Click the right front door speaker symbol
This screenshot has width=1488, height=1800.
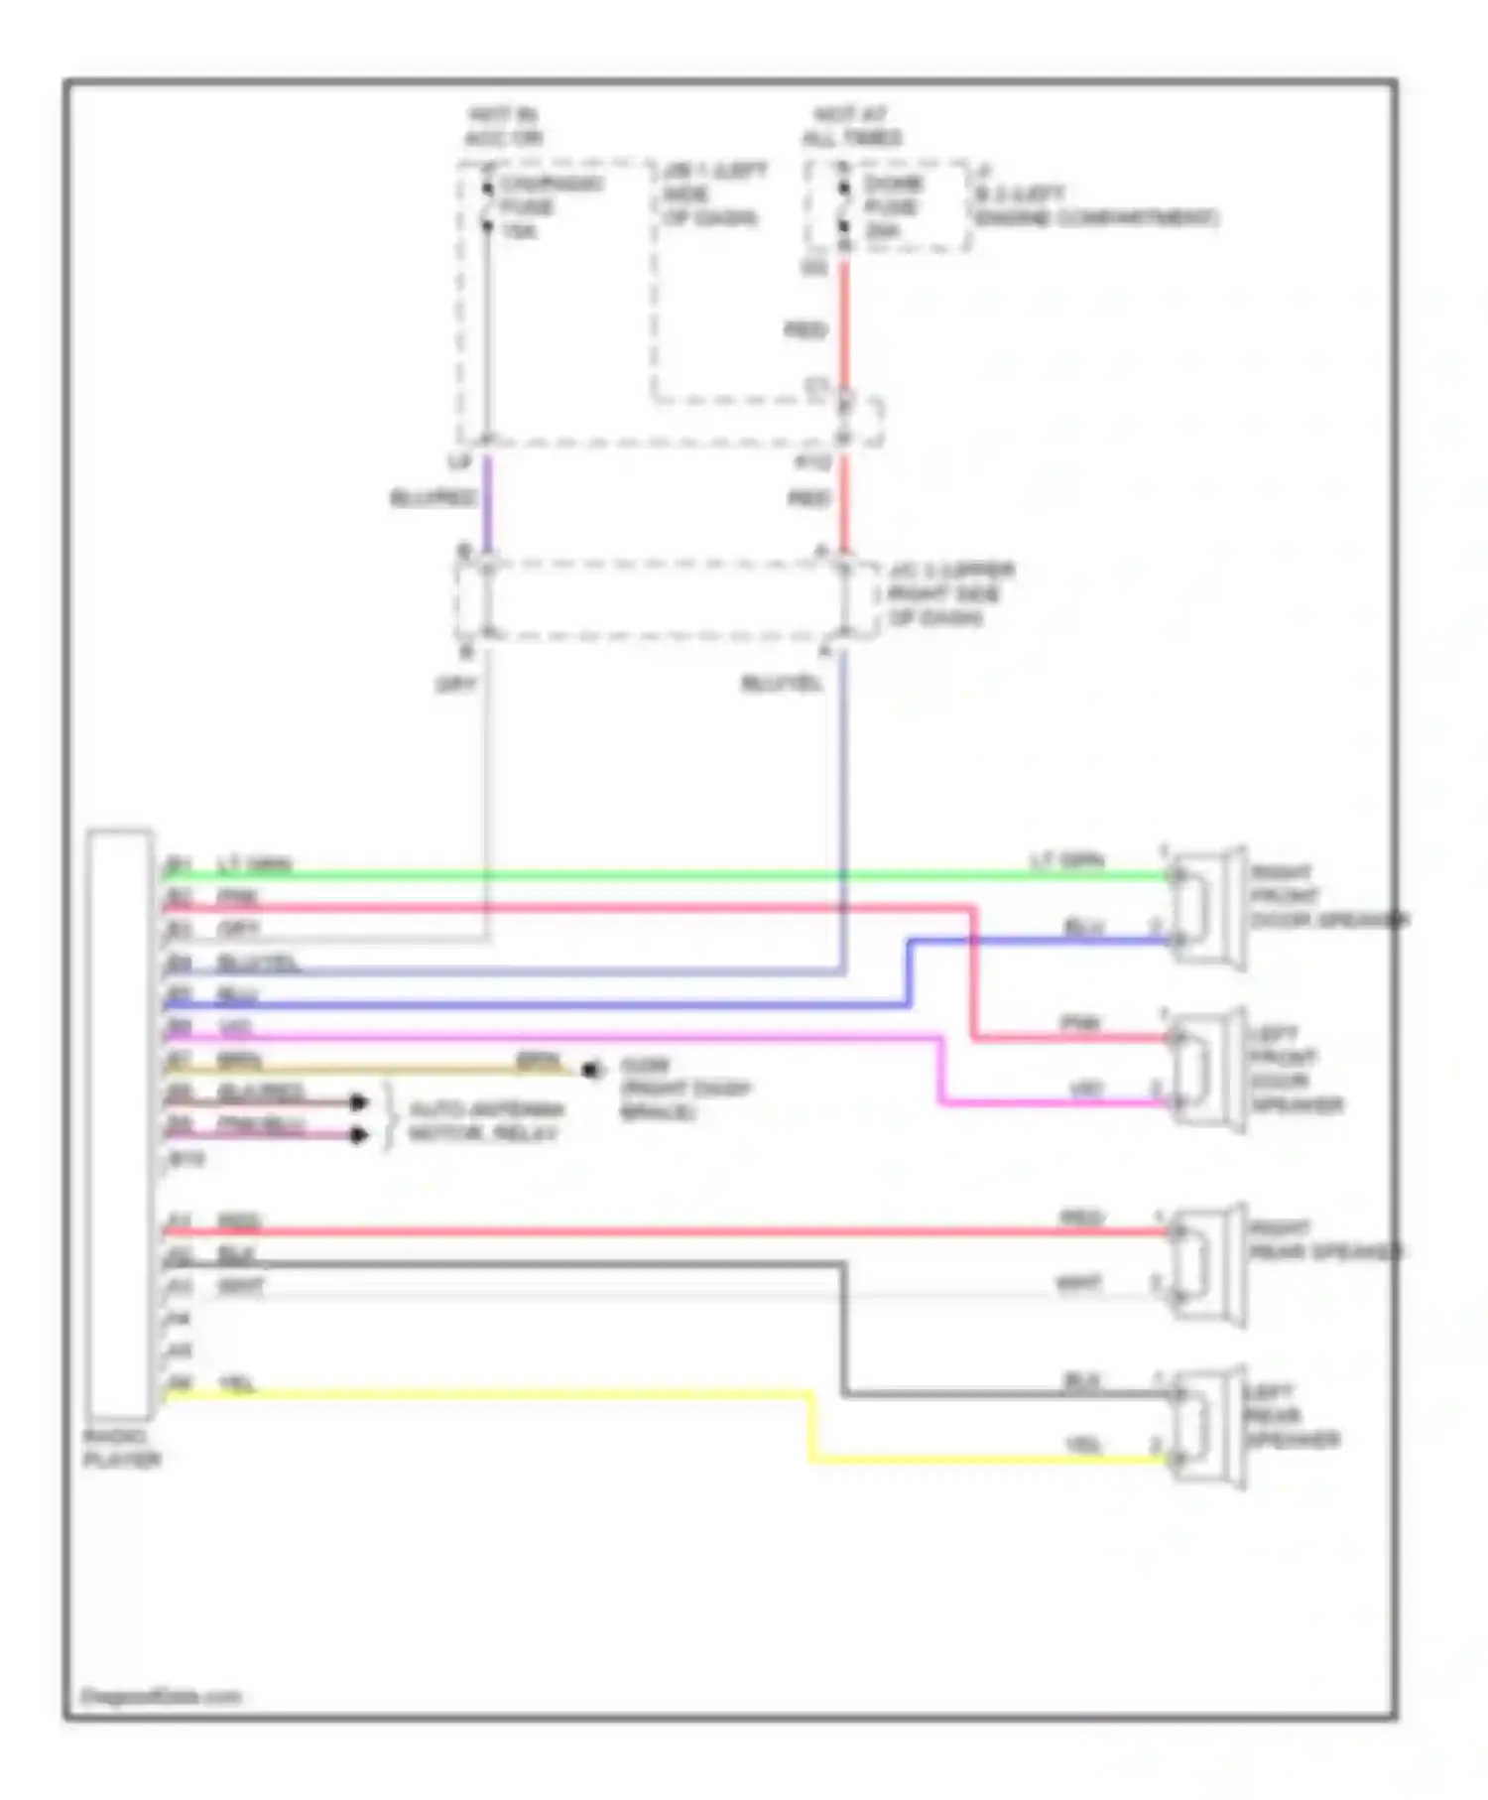click(x=1206, y=906)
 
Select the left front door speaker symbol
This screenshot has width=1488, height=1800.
click(x=1206, y=1069)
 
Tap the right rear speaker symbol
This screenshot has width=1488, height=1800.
click(x=1206, y=1263)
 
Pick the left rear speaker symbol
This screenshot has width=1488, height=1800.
click(x=1206, y=1426)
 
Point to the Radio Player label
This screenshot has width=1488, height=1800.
click(x=121, y=1448)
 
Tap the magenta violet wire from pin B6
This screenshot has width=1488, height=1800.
click(x=595, y=1038)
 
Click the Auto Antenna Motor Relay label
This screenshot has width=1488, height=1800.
click(x=485, y=1121)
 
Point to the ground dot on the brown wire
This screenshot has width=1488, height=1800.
click(x=592, y=1070)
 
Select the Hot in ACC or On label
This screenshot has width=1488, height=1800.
click(x=503, y=126)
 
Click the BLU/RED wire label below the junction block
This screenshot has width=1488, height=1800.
click(x=433, y=497)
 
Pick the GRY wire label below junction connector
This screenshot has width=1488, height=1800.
click(x=456, y=685)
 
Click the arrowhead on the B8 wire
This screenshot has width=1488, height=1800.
click(x=358, y=1102)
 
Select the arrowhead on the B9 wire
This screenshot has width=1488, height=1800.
click(x=358, y=1135)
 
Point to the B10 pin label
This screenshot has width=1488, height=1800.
click(x=186, y=1158)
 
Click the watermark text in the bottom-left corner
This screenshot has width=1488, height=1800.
click(x=160, y=1697)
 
